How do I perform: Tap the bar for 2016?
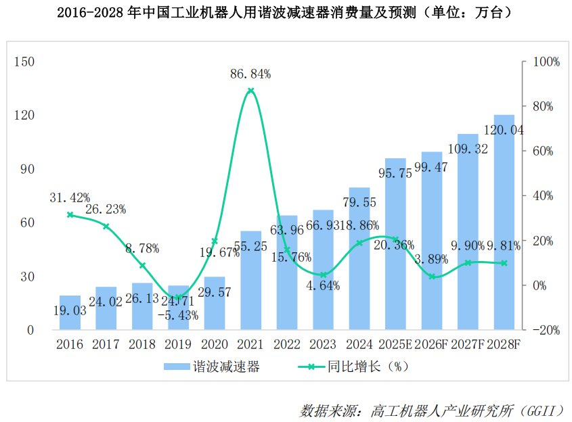point(70,313)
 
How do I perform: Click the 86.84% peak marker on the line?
point(250,91)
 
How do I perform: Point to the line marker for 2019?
point(178,297)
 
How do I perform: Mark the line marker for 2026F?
point(432,277)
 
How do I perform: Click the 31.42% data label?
point(70,197)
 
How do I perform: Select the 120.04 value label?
point(504,130)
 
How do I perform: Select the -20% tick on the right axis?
point(545,330)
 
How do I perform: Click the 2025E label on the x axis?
point(395,344)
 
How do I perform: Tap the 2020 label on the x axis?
point(215,344)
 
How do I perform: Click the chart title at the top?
point(285,13)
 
